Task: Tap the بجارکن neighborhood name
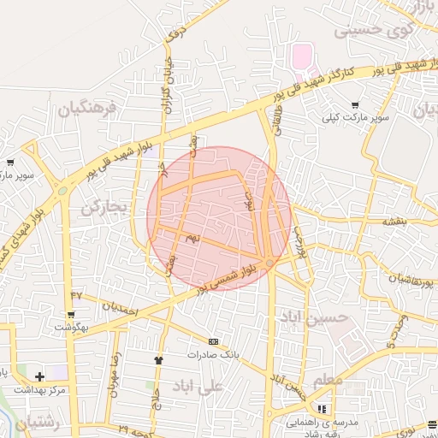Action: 104,207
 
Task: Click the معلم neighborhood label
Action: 328,379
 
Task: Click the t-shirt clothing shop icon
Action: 158,360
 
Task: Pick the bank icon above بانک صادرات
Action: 213,340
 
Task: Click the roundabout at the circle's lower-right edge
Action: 269,263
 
